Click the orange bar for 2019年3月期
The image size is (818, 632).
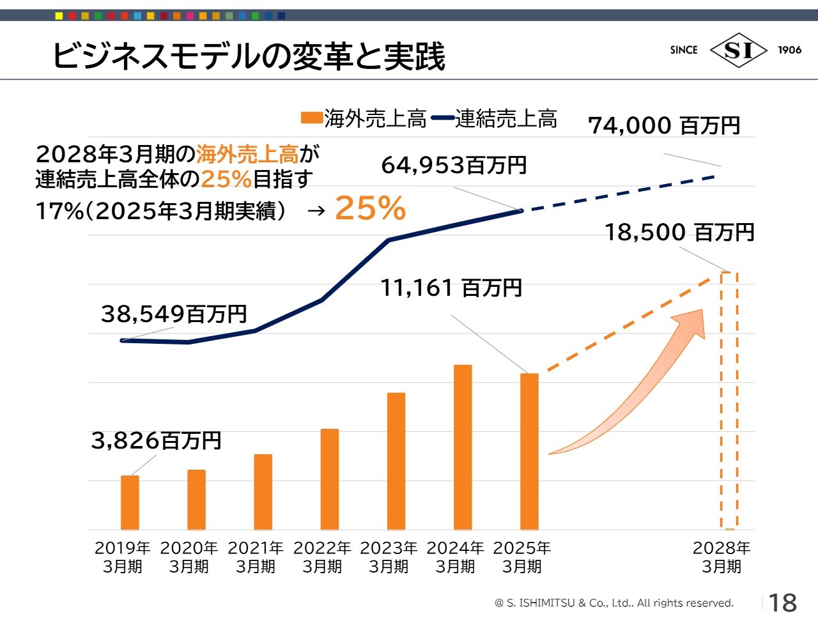tap(130, 502)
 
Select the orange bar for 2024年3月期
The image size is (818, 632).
tap(463, 447)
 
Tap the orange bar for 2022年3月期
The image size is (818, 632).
tap(330, 479)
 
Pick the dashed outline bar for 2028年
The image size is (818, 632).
tap(729, 401)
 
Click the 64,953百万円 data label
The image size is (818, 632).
tap(454, 166)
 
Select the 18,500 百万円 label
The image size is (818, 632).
tap(679, 232)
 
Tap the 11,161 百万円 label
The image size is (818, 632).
tap(451, 288)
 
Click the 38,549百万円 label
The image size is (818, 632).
tap(174, 314)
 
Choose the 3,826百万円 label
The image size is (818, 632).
tap(156, 440)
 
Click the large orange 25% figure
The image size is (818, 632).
tap(370, 208)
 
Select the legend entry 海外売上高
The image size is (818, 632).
tap(364, 118)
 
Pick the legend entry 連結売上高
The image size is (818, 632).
tap(495, 118)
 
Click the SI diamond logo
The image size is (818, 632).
tap(738, 50)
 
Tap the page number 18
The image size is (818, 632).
tap(782, 603)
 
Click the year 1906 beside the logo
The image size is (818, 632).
tap(789, 50)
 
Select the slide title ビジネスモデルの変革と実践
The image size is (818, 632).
tap(249, 56)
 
